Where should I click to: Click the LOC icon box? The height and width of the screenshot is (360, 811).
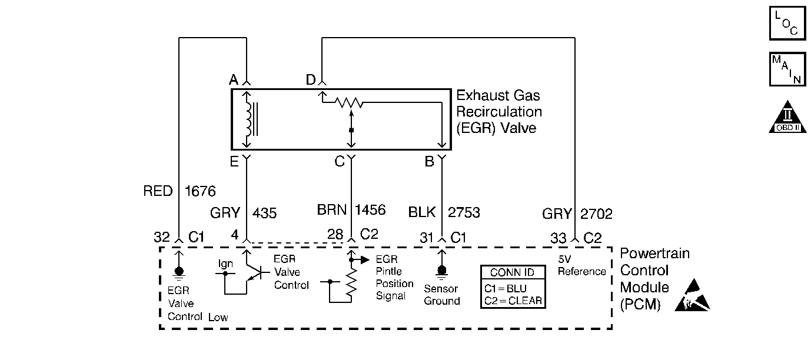pyautogui.click(x=787, y=24)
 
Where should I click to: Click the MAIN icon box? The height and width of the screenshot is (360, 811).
pyautogui.click(x=787, y=69)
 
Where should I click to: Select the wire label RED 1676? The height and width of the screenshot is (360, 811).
pyautogui.click(x=180, y=191)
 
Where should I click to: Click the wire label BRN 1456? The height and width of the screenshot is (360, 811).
pyautogui.click(x=351, y=210)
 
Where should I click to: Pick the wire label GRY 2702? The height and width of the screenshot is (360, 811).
pyautogui.click(x=577, y=214)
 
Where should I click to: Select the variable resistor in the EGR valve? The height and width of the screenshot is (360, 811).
pyautogui.click(x=349, y=104)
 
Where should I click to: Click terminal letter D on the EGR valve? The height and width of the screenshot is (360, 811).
pyautogui.click(x=311, y=79)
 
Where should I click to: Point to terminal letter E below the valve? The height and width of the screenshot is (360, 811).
pyautogui.click(x=234, y=162)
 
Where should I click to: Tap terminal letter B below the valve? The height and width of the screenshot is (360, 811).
pyautogui.click(x=429, y=162)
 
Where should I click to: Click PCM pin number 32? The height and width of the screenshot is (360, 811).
pyautogui.click(x=162, y=237)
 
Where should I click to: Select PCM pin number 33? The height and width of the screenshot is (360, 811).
pyautogui.click(x=559, y=238)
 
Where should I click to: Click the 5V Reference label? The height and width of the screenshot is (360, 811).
pyautogui.click(x=581, y=265)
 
